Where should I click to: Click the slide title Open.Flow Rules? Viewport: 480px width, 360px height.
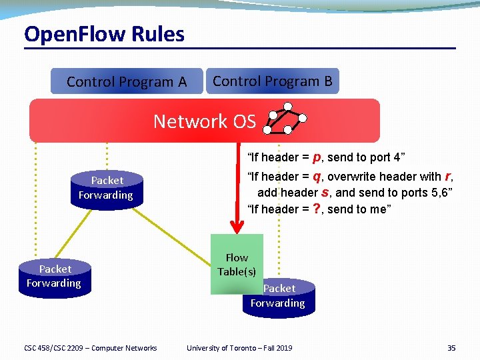(x=104, y=34)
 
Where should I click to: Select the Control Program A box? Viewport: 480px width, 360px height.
(x=127, y=82)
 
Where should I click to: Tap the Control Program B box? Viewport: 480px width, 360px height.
(x=272, y=81)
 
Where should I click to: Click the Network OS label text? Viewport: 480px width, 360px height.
(x=204, y=121)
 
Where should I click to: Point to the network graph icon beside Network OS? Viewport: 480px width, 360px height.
(x=285, y=119)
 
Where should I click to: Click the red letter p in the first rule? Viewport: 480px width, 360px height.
(x=317, y=157)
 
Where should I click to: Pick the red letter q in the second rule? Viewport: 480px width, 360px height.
(x=317, y=177)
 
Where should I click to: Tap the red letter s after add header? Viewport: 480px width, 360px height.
(x=325, y=193)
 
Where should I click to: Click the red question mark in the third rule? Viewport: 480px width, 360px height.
(x=317, y=209)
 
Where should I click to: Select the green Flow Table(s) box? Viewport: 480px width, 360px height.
(x=237, y=265)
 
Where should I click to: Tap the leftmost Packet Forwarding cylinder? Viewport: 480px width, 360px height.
(x=54, y=277)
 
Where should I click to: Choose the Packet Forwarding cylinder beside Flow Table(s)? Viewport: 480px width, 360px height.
(x=279, y=297)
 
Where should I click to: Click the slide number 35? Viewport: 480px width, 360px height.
(x=451, y=347)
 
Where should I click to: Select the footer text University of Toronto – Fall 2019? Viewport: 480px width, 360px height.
(x=239, y=347)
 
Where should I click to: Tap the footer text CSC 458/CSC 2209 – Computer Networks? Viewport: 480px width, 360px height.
(x=90, y=347)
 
